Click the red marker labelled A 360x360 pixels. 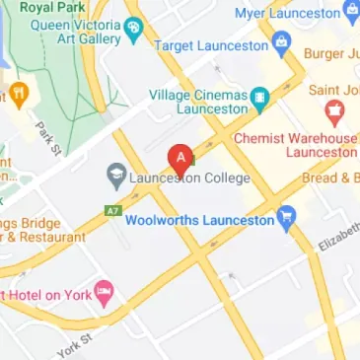click(180, 158)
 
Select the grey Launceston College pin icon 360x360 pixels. click(116, 178)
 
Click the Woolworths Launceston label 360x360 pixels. click(199, 220)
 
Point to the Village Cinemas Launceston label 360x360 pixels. click(197, 102)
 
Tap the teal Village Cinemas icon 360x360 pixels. click(258, 96)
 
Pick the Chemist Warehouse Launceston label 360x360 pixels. click(296, 144)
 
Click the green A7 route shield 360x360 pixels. click(112, 210)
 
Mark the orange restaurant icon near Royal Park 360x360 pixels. click(17, 96)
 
